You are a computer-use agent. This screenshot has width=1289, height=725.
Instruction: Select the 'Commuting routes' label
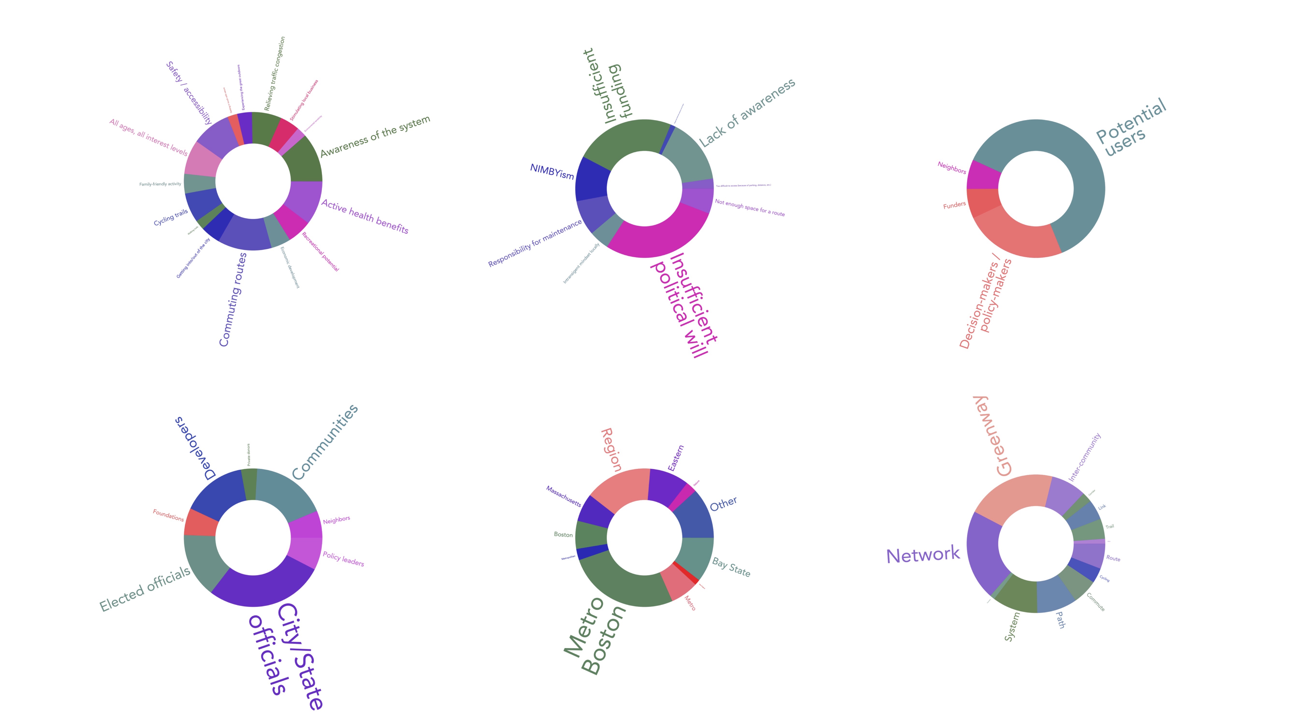(233, 299)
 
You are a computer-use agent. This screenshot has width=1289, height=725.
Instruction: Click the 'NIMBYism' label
(552, 171)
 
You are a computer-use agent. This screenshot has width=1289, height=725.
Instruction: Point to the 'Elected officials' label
(145, 589)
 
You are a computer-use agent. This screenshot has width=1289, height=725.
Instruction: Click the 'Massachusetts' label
(563, 496)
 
